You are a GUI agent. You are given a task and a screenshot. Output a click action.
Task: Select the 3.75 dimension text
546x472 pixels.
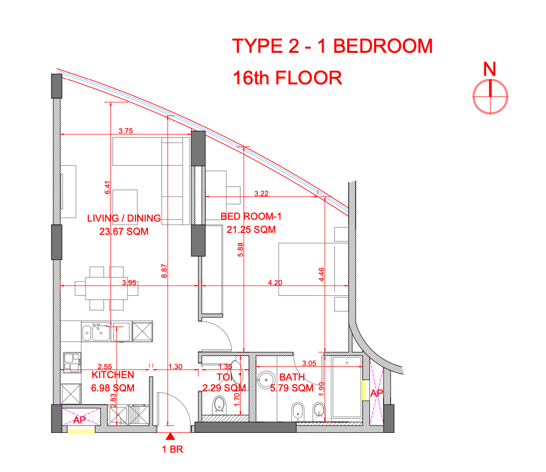coord(126,132)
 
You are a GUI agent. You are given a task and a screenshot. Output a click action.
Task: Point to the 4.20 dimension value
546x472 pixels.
coord(275,283)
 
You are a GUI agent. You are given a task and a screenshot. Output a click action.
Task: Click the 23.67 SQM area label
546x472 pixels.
coord(124,232)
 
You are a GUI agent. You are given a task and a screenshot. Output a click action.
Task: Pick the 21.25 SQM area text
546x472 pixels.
coord(251,230)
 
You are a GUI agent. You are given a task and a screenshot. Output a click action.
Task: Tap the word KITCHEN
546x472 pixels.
coord(113,375)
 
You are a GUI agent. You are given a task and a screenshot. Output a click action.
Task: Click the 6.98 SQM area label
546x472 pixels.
coord(113,388)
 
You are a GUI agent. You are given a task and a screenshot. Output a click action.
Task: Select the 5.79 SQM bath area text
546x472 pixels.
coord(291,389)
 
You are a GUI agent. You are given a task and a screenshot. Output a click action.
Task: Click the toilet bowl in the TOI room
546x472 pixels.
coord(219,404)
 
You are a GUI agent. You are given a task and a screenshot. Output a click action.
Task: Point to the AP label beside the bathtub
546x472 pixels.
coord(376,393)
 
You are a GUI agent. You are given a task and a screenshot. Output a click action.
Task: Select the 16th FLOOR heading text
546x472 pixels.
coord(287,78)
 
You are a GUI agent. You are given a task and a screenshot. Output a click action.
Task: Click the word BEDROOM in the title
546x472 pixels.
coord(383,46)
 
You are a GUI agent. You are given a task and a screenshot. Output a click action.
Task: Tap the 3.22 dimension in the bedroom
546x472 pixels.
coord(261,193)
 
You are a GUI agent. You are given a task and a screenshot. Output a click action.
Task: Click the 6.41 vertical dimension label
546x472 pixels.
coord(107,188)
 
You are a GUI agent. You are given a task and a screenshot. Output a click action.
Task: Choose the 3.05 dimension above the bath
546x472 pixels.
coord(309,363)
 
